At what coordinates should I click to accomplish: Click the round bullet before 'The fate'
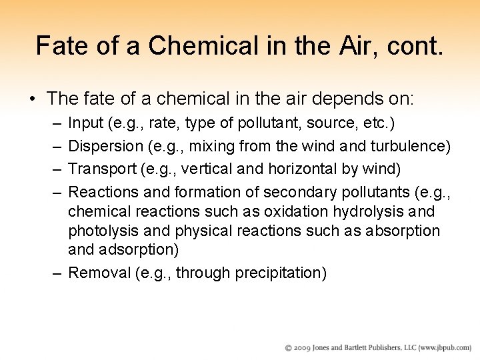[x=32, y=99]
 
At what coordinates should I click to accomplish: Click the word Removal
[x=96, y=273]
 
